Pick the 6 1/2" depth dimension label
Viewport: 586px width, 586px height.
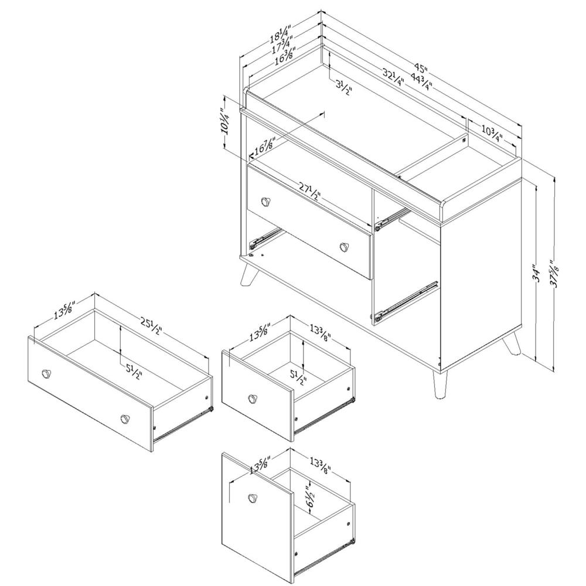click(x=310, y=495)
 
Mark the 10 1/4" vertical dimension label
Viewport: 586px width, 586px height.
click(x=223, y=122)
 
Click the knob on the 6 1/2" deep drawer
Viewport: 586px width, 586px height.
click(x=253, y=498)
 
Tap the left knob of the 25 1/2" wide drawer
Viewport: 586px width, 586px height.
click(x=46, y=373)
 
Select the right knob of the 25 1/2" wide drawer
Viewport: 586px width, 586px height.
click(x=124, y=418)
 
